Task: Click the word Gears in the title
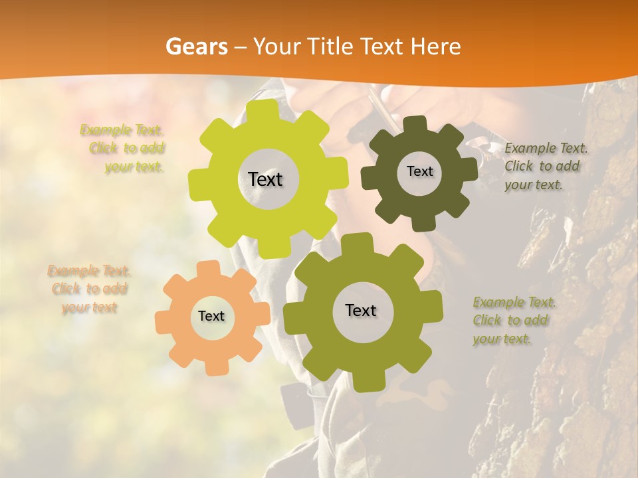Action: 195,46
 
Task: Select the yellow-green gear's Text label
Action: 265,179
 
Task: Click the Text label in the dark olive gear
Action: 419,171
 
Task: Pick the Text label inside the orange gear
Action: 211,316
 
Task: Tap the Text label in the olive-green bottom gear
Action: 361,310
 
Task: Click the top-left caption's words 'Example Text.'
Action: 122,130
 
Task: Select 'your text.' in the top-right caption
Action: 533,185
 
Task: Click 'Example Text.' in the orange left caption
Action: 89,271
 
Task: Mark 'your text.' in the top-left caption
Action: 134,167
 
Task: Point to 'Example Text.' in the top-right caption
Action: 546,148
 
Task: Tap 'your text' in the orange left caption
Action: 89,307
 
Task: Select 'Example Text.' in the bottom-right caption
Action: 514,302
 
